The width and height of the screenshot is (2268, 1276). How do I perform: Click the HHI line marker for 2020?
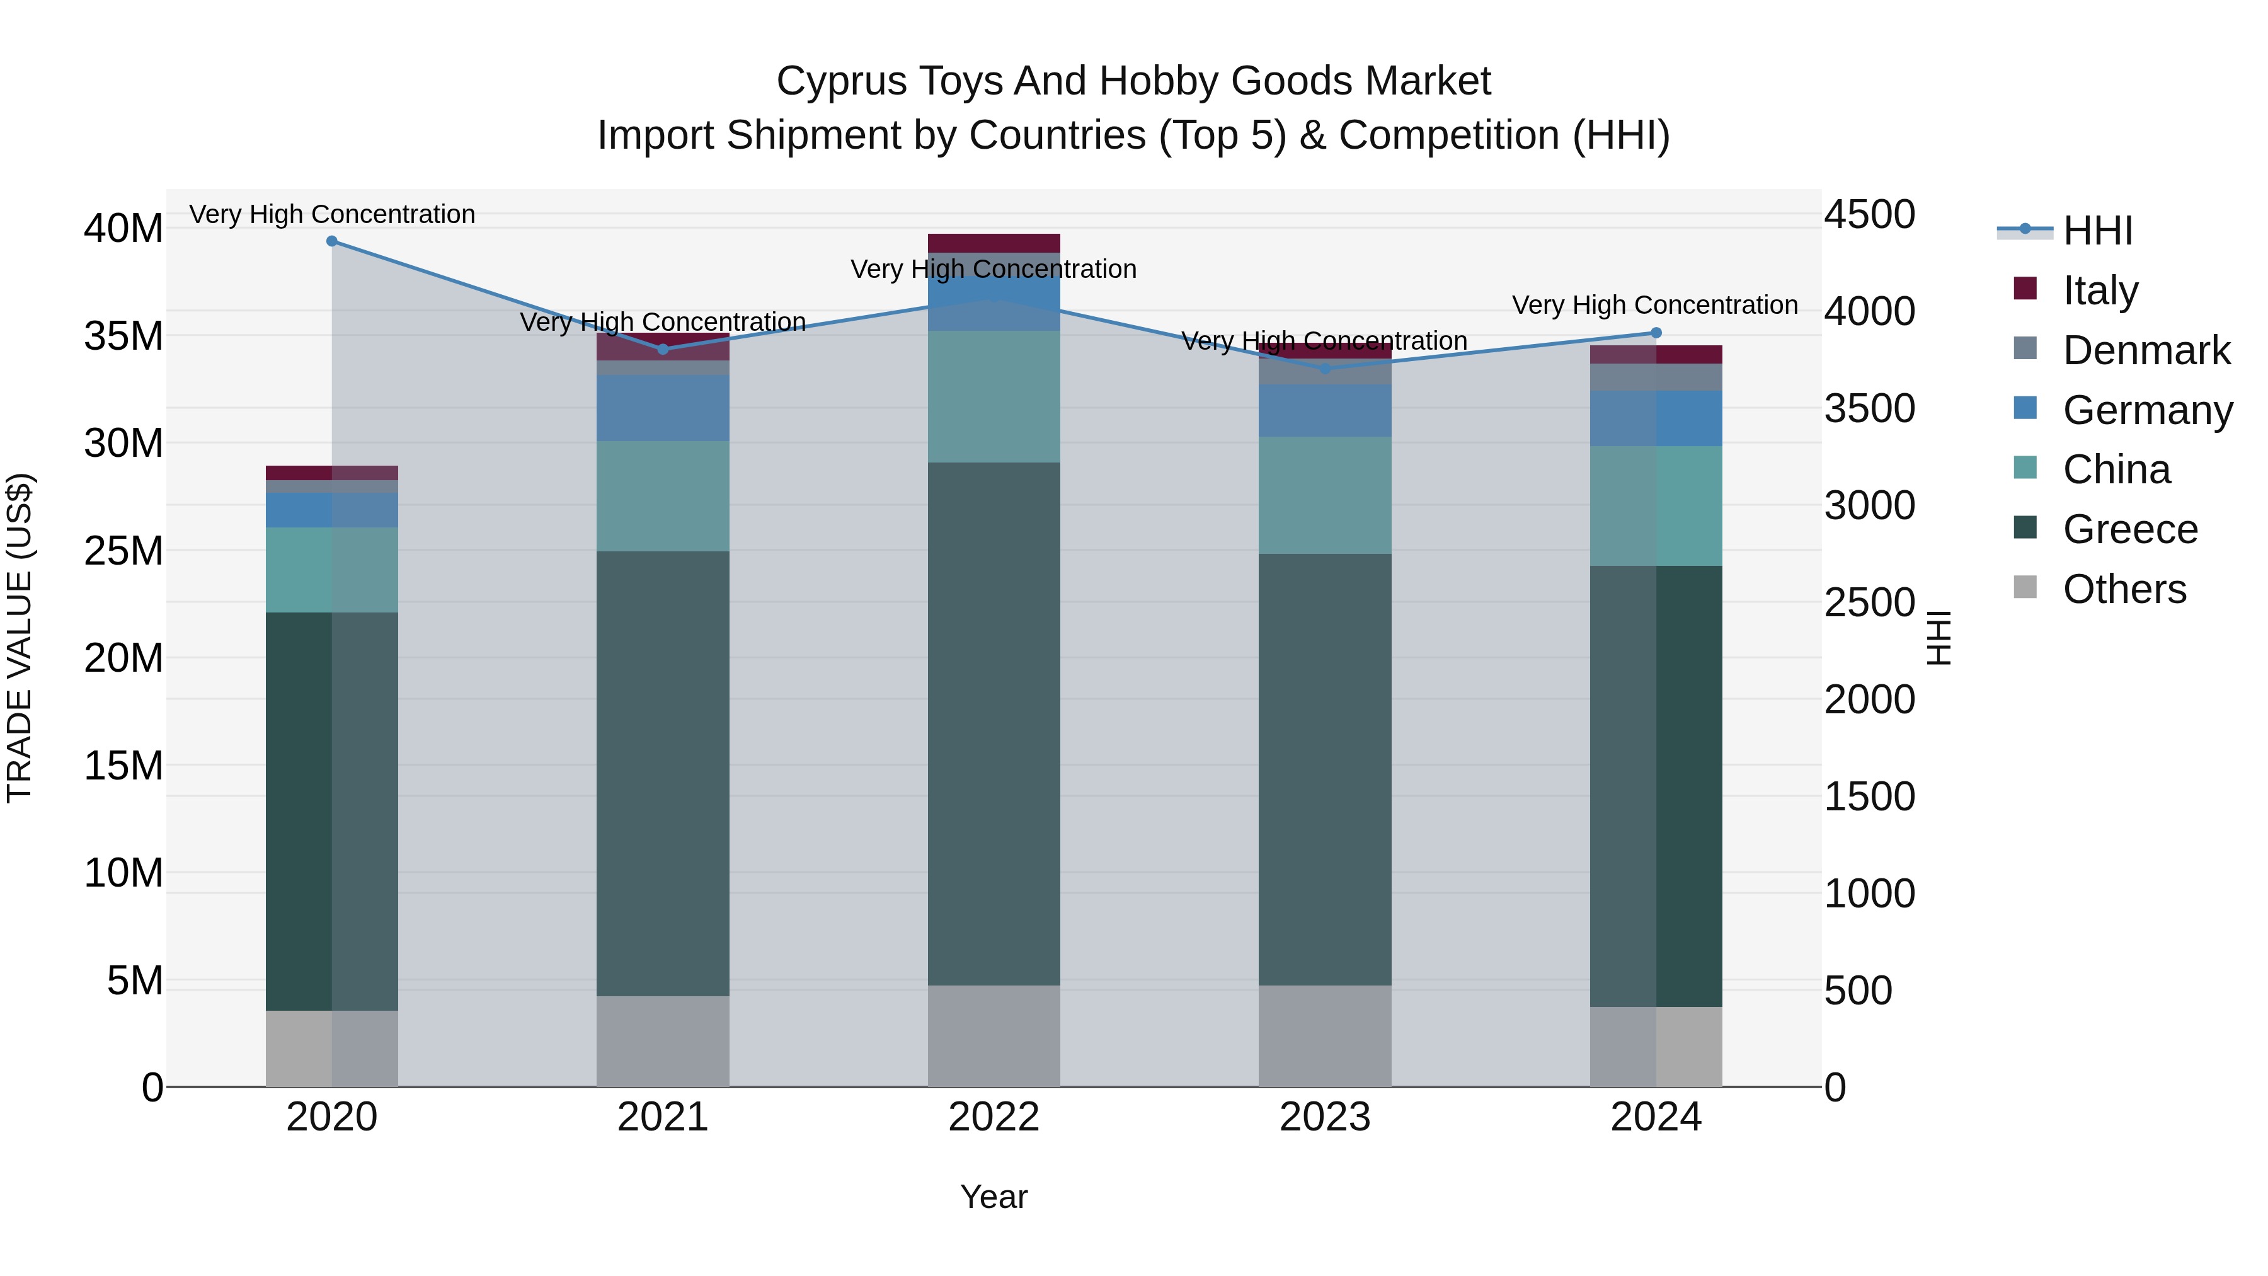[x=332, y=241]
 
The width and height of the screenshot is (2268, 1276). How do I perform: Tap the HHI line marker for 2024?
[x=1656, y=333]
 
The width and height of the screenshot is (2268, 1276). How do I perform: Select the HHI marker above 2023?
[x=1325, y=369]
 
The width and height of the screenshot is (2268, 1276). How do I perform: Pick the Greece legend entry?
[x=2130, y=529]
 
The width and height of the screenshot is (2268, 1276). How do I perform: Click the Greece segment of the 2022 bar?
[x=994, y=722]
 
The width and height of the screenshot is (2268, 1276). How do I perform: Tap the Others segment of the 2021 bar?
[x=663, y=1041]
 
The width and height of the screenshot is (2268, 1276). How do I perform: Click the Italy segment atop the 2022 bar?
[x=994, y=243]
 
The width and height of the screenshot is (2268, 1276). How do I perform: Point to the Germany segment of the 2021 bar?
[x=663, y=408]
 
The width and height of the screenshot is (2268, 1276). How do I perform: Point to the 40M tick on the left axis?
[x=123, y=229]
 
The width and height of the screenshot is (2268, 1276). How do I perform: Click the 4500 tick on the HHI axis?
[x=1869, y=215]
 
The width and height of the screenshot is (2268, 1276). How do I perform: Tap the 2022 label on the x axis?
[x=994, y=1117]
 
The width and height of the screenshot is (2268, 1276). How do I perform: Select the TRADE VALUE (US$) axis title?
[x=20, y=638]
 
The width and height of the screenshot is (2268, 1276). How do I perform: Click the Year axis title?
[x=994, y=1197]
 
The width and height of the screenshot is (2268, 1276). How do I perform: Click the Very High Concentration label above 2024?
[x=1654, y=306]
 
